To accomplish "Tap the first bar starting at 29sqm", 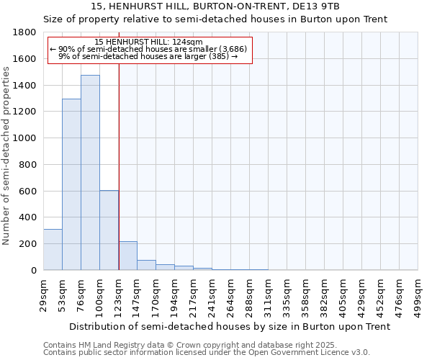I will (53, 249).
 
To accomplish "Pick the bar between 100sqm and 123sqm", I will (109, 230).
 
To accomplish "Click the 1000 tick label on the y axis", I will (25, 138).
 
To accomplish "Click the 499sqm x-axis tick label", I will (419, 294).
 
